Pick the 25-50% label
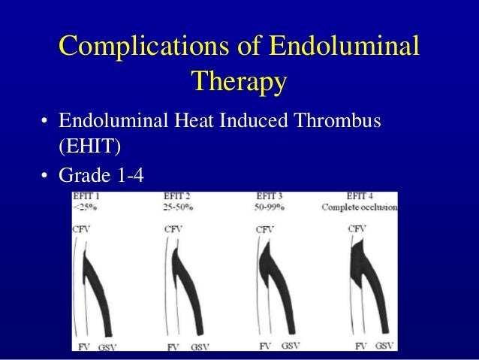(178, 207)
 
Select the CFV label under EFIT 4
(357, 228)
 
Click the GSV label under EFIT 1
(108, 346)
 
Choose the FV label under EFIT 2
(173, 347)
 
